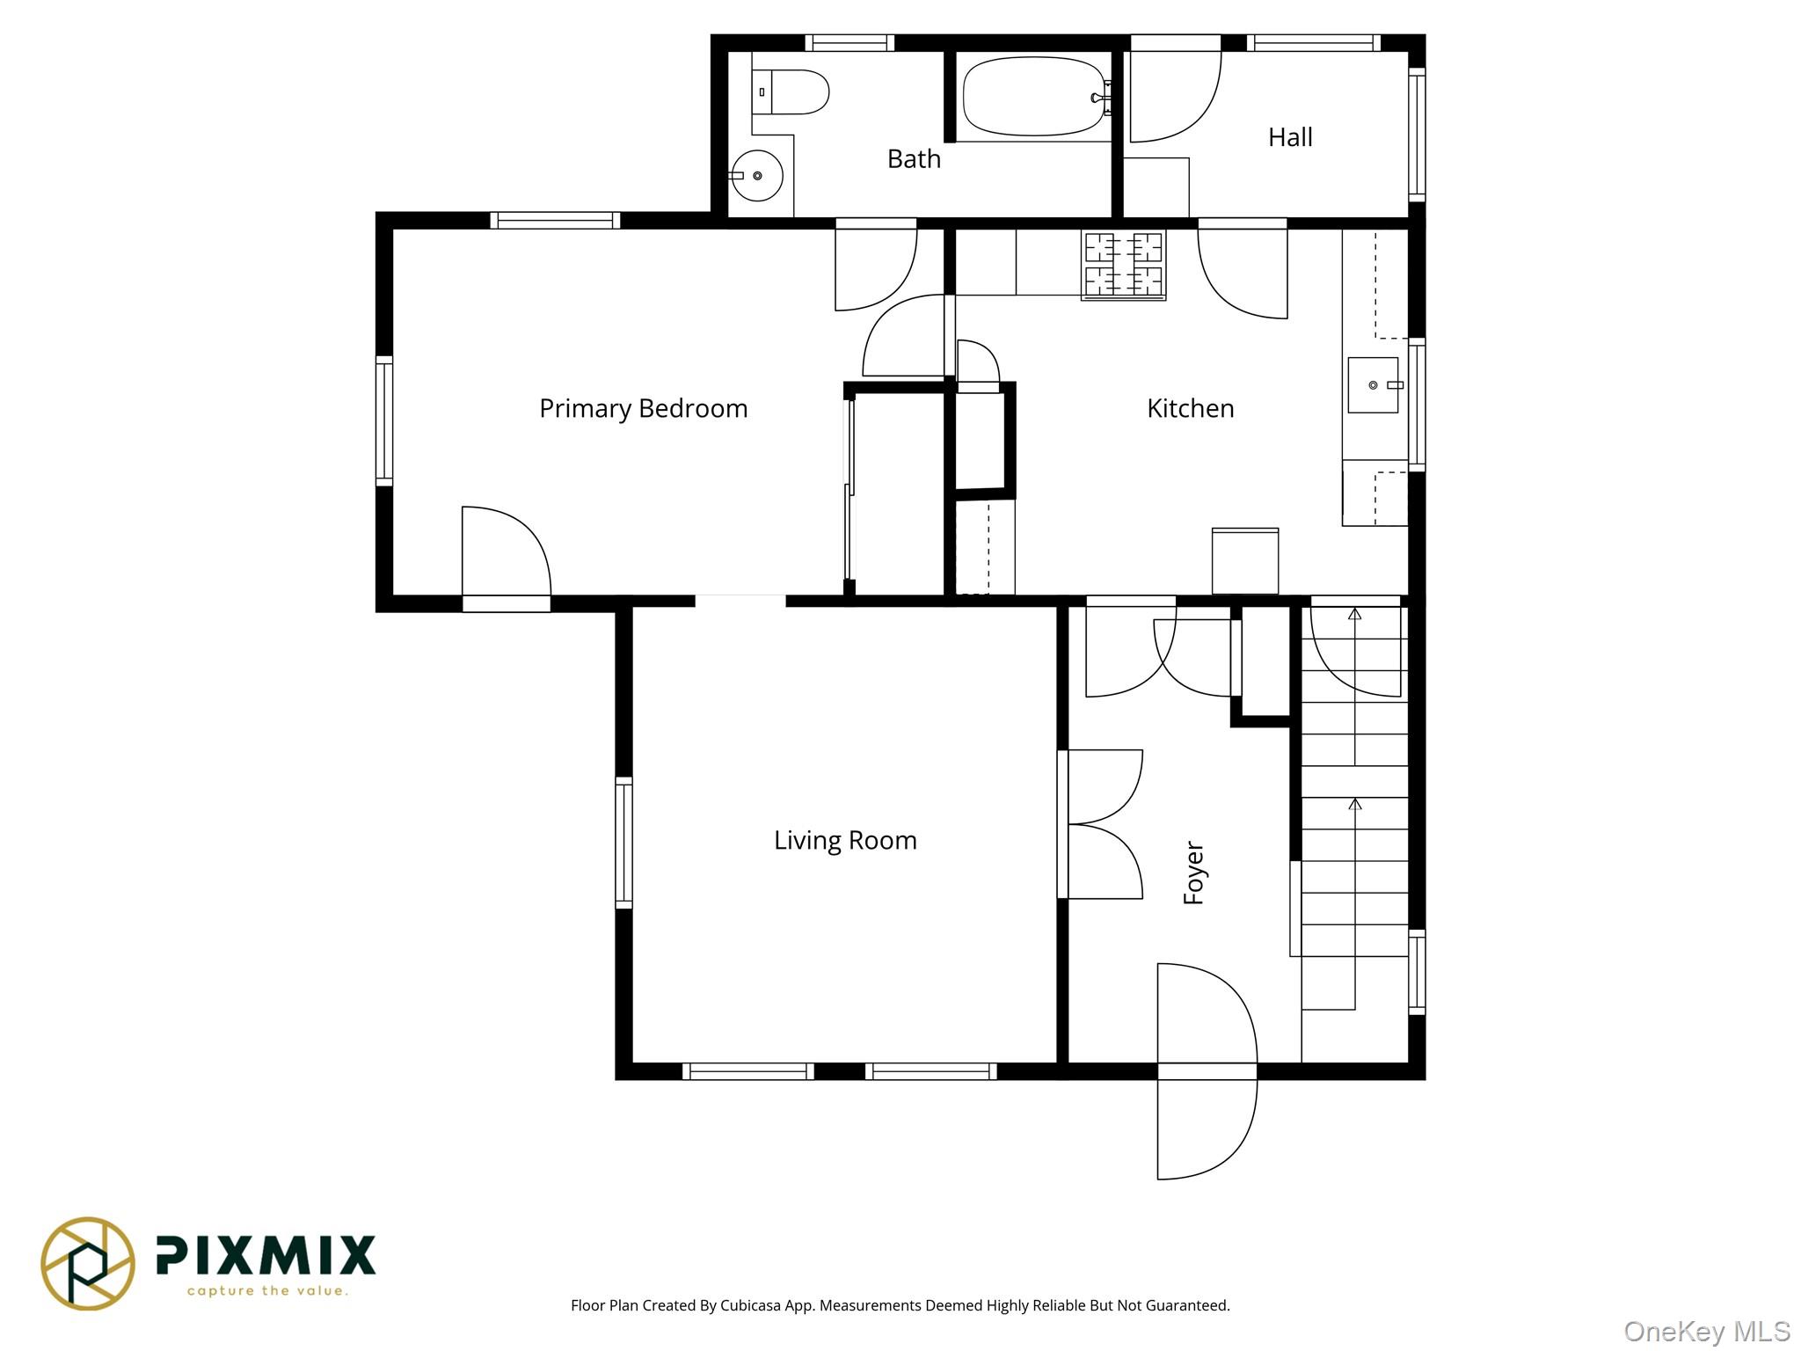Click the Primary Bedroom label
[643, 409]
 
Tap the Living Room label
[845, 841]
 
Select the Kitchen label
[1190, 408]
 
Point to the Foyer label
[1193, 873]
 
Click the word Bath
[914, 159]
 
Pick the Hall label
[1290, 137]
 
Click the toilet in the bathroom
[791, 91]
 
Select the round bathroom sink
[757, 176]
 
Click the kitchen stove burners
[1123, 266]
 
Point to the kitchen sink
[1374, 385]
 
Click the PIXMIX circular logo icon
[88, 1264]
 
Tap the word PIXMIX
[266, 1255]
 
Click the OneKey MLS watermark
[1707, 1332]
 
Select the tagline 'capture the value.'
[267, 1291]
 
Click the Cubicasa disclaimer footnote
[900, 1305]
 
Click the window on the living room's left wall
[623, 843]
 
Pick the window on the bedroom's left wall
[384, 420]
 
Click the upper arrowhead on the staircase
[1355, 614]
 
